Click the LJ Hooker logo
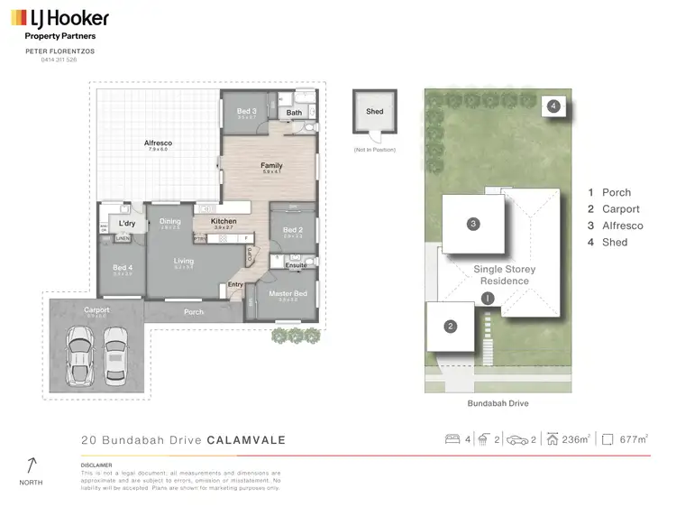(60, 18)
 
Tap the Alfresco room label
(158, 143)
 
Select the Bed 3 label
(242, 111)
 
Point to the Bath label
(294, 113)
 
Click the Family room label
(271, 166)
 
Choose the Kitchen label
(224, 221)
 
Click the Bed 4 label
(123, 268)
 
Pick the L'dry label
(127, 224)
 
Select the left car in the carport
(79, 347)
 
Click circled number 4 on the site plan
(553, 106)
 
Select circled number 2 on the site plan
(450, 327)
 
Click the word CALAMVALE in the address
(246, 440)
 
